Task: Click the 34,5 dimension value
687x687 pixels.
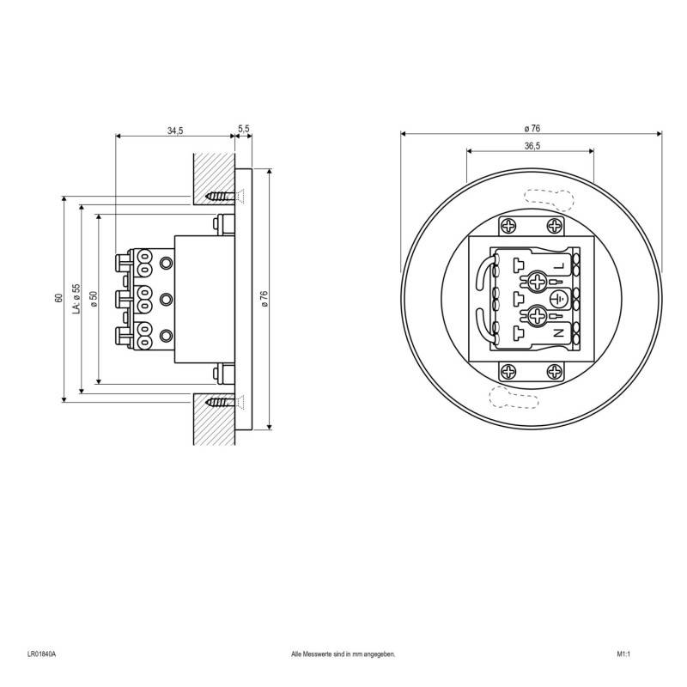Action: tap(175, 131)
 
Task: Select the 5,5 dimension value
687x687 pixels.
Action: tap(243, 129)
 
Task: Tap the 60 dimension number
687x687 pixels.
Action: tap(58, 298)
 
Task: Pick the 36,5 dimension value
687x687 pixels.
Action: tap(531, 146)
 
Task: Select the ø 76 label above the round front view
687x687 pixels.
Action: tap(532, 128)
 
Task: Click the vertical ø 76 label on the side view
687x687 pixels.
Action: tap(264, 299)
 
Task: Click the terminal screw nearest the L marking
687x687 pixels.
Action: tap(538, 280)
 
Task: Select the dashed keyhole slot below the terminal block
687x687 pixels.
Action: tap(514, 396)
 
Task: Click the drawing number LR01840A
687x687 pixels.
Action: tap(40, 654)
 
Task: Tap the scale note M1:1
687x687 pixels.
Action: tap(623, 654)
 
